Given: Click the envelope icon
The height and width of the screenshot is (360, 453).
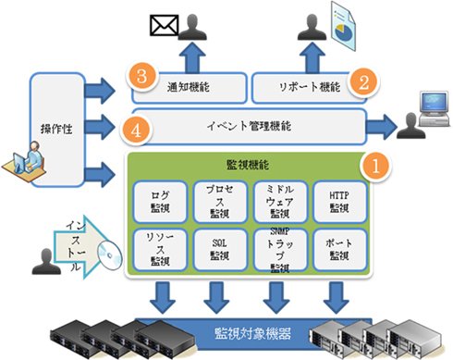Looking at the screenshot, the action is point(165,25).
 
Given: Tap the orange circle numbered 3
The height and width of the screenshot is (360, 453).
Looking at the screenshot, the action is point(141,76).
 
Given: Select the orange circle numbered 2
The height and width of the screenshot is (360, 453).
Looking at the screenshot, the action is point(363,82).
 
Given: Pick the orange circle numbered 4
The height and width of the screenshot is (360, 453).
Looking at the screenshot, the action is point(136,130).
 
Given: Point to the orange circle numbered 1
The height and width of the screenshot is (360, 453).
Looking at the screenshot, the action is point(375,167).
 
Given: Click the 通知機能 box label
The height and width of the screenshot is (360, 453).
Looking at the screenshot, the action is point(189,87).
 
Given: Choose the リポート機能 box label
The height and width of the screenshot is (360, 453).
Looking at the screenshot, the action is point(310,87).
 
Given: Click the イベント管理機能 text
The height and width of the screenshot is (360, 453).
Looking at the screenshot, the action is point(249,126).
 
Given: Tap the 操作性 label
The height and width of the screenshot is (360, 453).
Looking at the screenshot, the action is point(56,129).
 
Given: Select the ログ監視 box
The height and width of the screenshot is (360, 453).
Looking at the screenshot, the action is point(160,202).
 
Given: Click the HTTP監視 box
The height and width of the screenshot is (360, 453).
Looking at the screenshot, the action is point(339,202).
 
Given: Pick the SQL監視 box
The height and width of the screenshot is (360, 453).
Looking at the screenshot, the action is point(220,250).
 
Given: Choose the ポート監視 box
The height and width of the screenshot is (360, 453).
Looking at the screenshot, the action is point(339,250).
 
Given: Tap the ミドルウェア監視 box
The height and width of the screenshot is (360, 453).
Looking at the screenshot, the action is point(280,202).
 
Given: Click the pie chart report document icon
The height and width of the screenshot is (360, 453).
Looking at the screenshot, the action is point(343,26).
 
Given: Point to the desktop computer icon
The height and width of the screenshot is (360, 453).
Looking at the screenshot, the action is point(434,108).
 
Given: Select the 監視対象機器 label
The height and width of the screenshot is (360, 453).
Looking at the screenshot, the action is point(252,334).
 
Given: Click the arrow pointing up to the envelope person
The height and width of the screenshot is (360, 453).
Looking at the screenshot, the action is point(192,57).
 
